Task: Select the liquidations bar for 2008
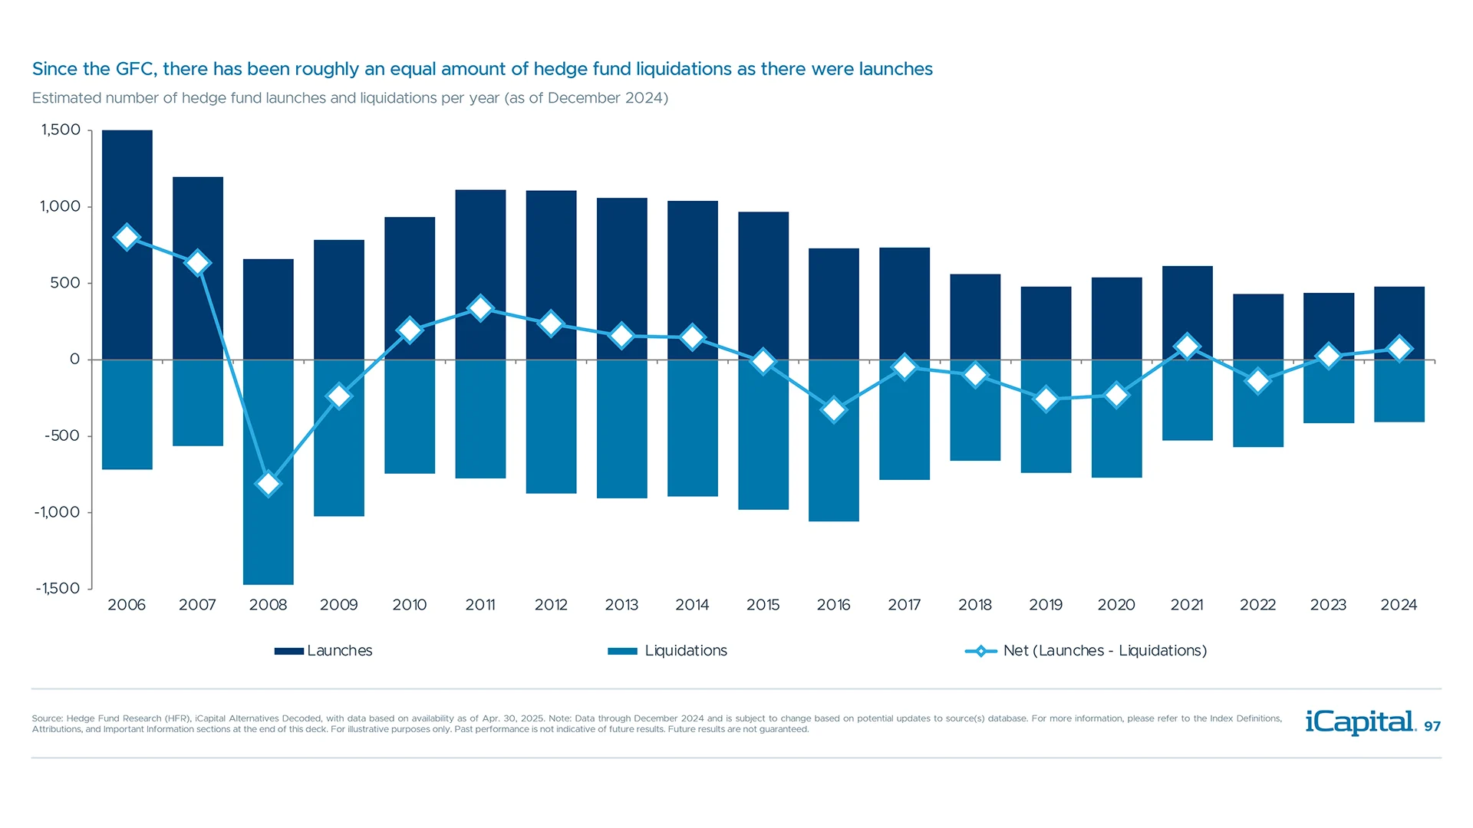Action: (268, 537)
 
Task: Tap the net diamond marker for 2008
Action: (268, 484)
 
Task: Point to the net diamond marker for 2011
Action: (480, 308)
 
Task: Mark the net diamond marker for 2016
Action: (833, 410)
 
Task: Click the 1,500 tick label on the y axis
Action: (61, 130)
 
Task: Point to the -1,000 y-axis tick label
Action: (57, 512)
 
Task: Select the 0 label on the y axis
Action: (74, 360)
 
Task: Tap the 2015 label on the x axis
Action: (763, 605)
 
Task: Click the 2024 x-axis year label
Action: (1399, 605)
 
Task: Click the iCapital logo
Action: (1359, 722)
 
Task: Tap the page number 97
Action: (1432, 727)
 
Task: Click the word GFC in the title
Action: (136, 69)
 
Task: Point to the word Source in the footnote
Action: (46, 719)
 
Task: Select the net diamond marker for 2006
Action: (127, 237)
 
